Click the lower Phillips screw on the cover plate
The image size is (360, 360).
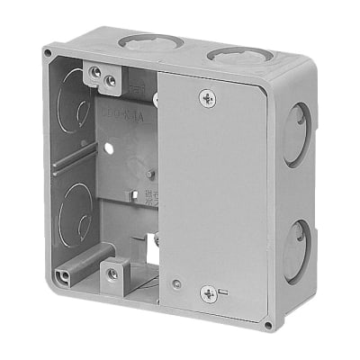(208, 292)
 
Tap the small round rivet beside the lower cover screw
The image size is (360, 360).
(176, 284)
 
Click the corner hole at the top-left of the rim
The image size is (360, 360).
(47, 54)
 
